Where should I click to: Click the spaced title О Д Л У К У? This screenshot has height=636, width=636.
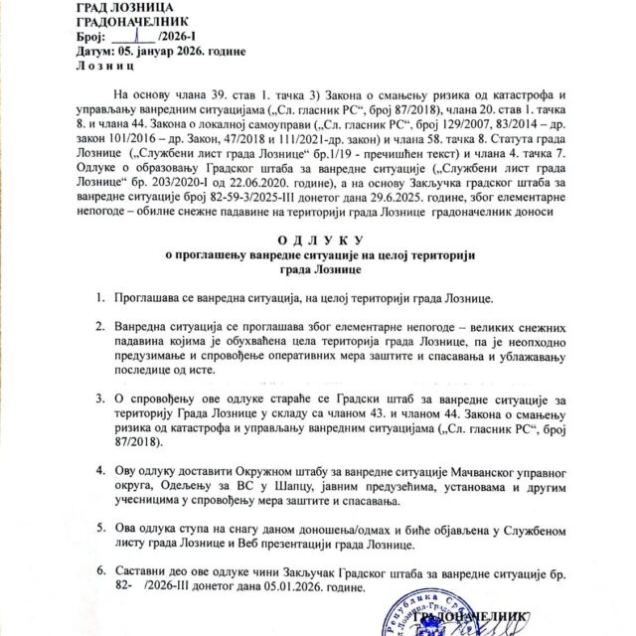tap(317, 241)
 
